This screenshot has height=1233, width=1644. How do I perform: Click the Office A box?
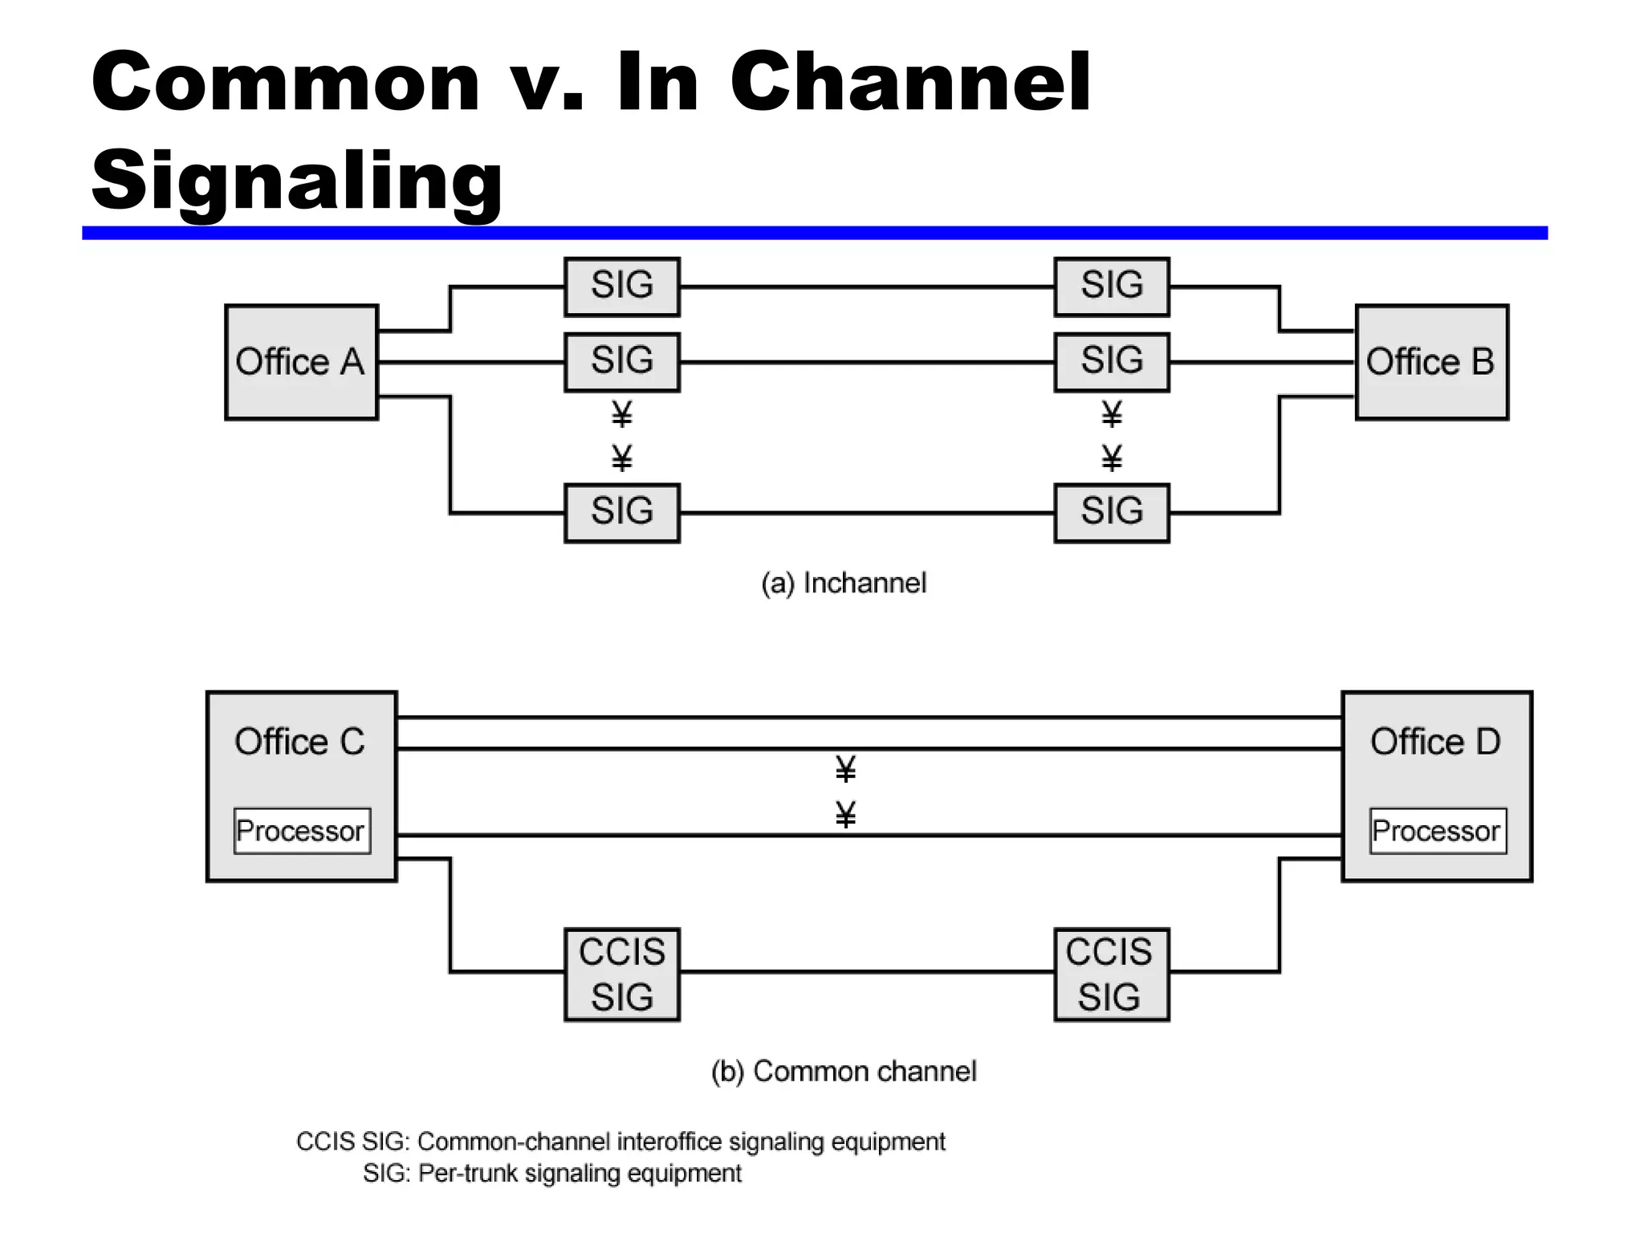pos(301,362)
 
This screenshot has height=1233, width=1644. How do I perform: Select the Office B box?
pos(1431,362)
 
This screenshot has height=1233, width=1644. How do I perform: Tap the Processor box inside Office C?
pos(302,831)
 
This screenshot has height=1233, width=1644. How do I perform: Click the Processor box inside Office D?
pos(1437,831)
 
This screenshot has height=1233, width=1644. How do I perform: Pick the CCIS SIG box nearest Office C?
pos(622,975)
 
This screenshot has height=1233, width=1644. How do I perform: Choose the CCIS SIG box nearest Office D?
pos(1111,975)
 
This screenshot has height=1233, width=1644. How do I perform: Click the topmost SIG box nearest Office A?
pos(622,287)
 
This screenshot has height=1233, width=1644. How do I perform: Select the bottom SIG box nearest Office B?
pos(1111,513)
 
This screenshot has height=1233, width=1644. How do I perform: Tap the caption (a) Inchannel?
pos(844,583)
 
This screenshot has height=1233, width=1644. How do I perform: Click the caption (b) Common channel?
pos(844,1071)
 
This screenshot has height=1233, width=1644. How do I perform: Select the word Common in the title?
pos(285,82)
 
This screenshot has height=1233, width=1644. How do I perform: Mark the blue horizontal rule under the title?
pos(814,233)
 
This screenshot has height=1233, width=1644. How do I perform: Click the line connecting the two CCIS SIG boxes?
pos(867,972)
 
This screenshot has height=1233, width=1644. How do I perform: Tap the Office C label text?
pos(299,742)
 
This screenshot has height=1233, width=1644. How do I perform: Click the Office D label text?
pos(1435,742)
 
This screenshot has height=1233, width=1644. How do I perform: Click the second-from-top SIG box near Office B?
pos(1111,362)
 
